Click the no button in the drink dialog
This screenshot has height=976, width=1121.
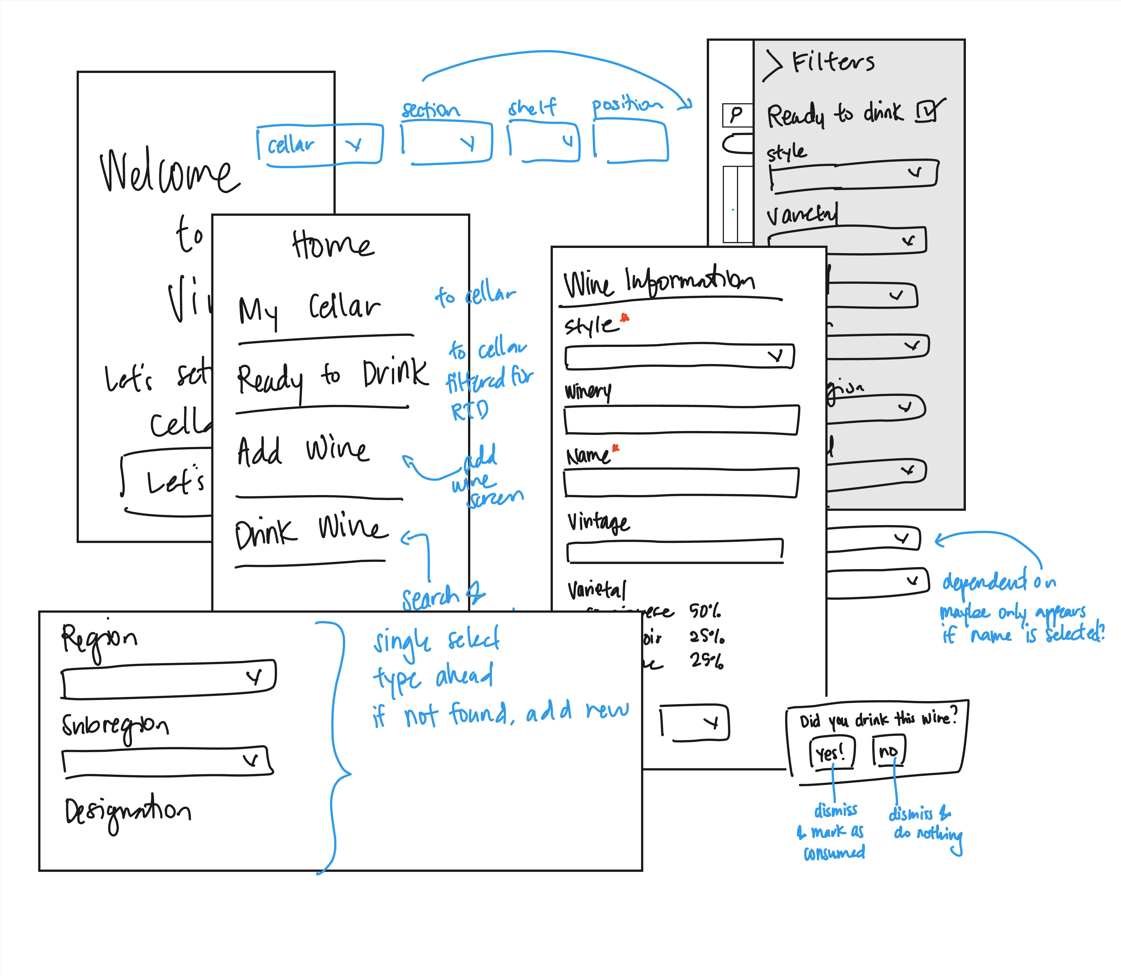point(888,751)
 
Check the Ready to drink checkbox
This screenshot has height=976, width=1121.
point(927,112)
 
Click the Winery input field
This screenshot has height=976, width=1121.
point(681,420)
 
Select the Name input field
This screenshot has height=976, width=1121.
point(681,483)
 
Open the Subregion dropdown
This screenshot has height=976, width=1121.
point(167,761)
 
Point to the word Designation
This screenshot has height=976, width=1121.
point(128,812)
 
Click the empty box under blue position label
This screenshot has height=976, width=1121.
point(631,142)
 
